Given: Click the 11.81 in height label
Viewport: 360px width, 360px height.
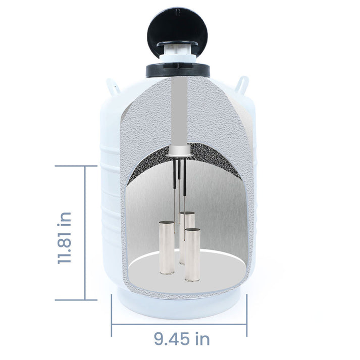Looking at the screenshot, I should tap(64, 237).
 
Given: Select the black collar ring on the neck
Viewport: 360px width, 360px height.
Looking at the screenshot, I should tap(178, 70).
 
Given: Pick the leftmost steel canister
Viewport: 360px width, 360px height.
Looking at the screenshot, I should tap(167, 248).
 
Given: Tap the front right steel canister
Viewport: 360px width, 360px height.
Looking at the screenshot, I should tap(192, 254).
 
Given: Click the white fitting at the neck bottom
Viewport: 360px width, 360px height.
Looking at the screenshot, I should tap(179, 149).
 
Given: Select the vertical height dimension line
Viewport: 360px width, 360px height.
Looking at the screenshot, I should tap(85, 232).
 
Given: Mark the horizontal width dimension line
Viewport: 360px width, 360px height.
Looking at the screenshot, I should tap(179, 323).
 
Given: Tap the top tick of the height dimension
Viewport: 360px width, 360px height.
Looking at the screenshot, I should tap(76, 166).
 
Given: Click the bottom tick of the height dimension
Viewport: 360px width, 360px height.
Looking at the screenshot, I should tap(76, 299).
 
